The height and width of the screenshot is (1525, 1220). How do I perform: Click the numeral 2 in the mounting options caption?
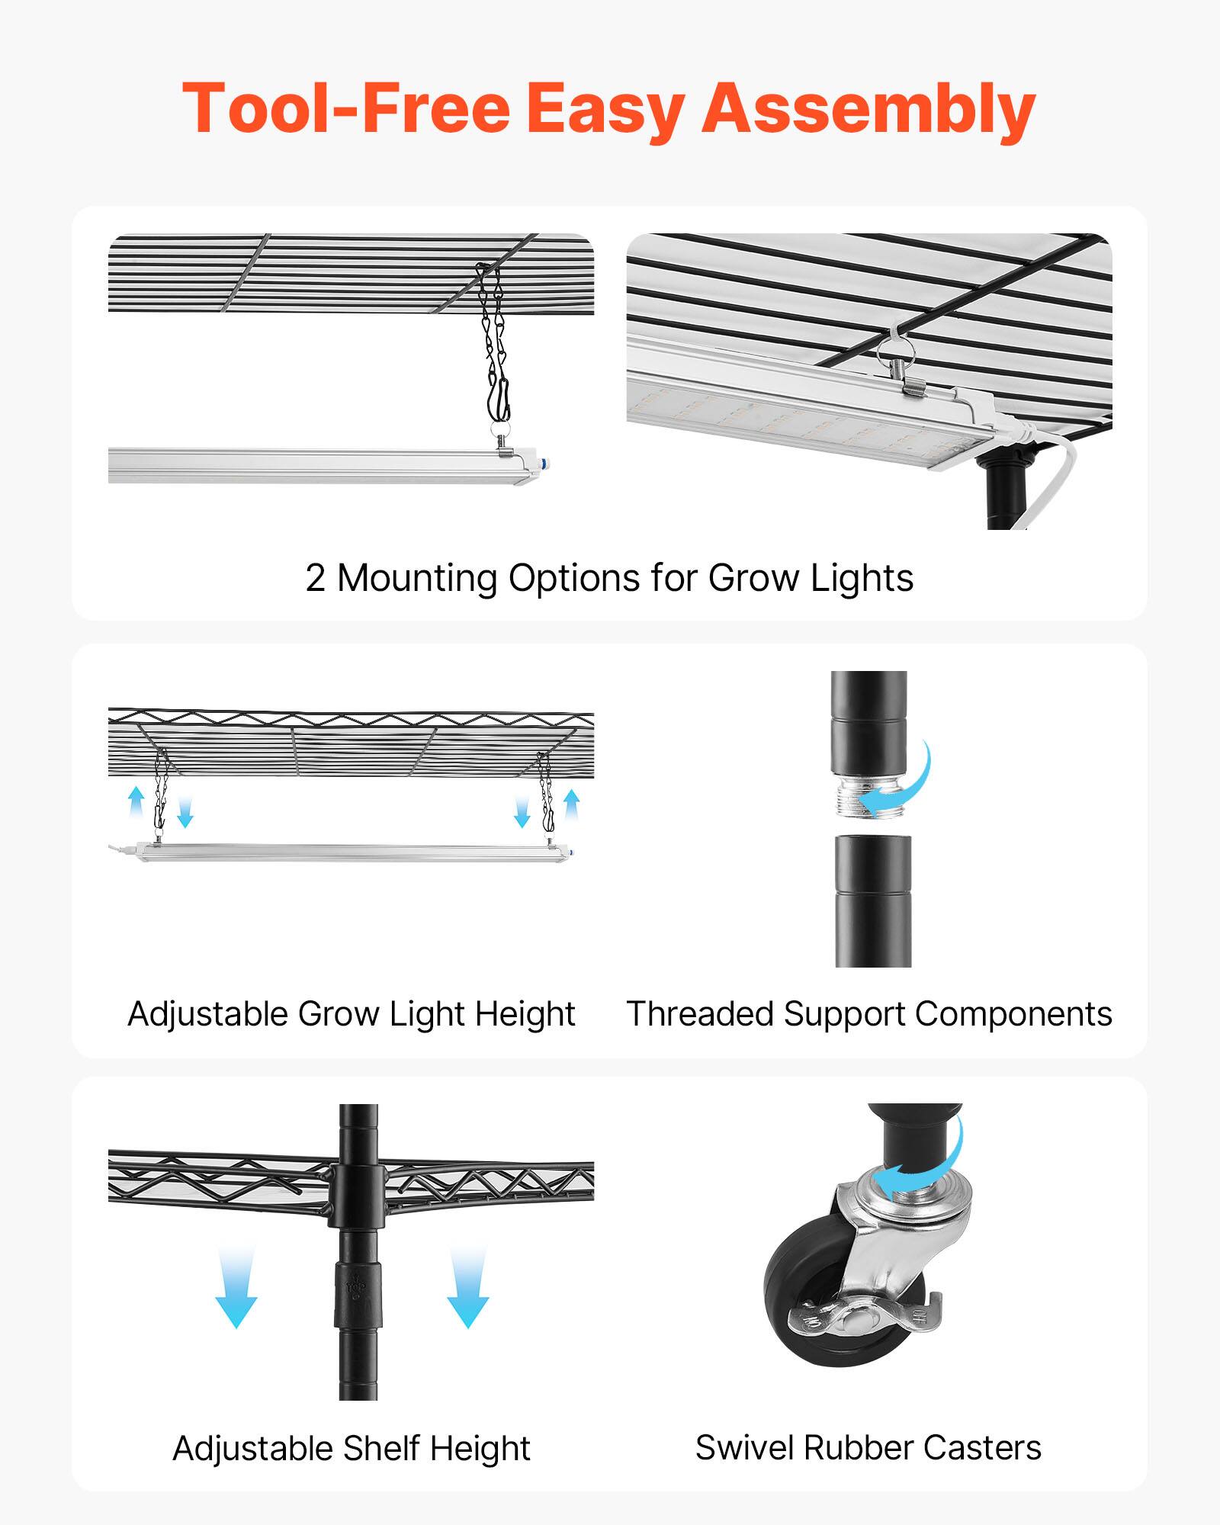point(315,578)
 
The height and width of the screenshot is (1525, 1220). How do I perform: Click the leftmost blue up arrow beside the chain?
point(136,803)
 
